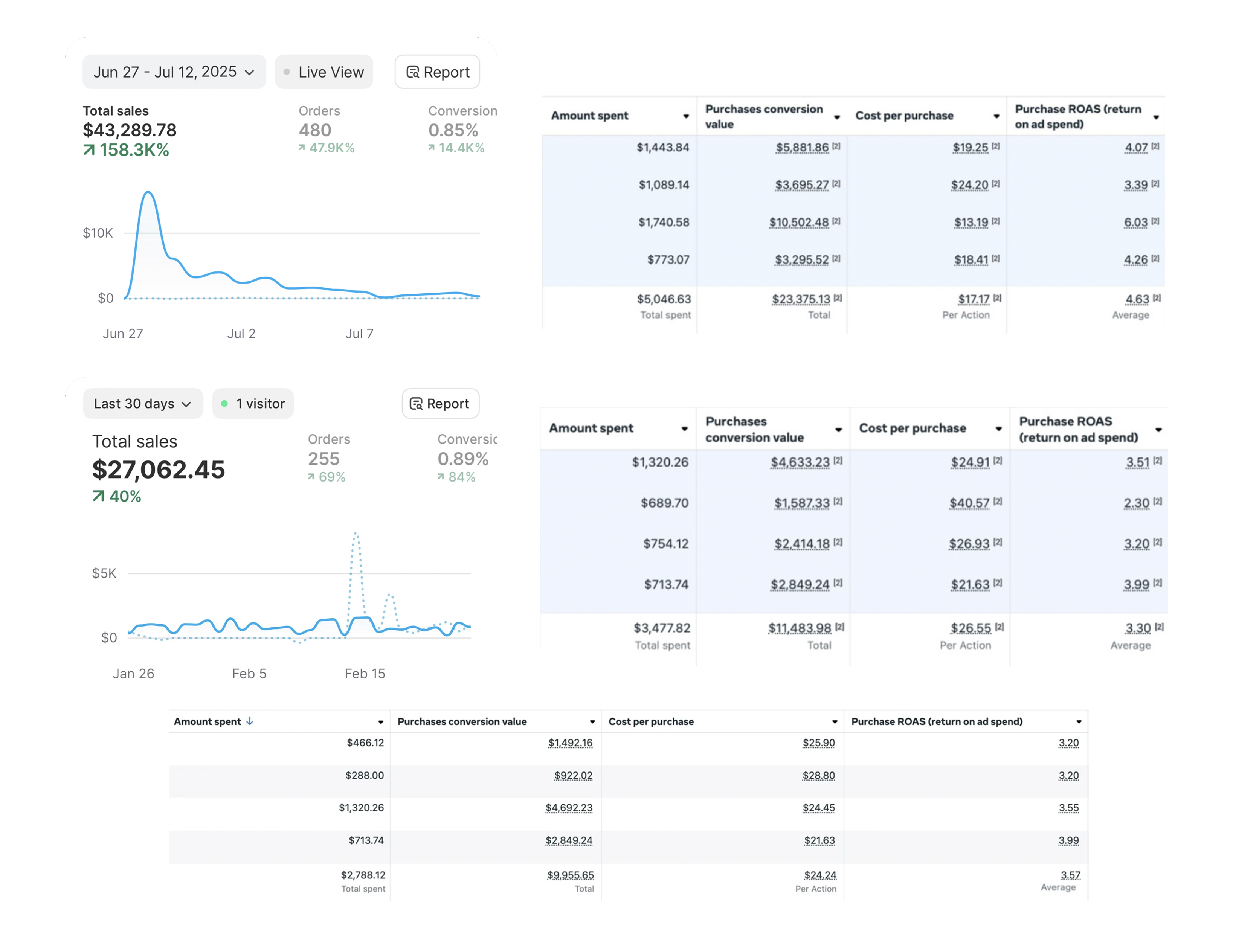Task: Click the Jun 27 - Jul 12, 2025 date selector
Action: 173,72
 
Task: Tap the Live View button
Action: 324,72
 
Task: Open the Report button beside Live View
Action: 438,72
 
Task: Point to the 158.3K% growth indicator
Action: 127,150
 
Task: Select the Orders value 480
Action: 315,130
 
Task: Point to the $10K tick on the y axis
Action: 98,233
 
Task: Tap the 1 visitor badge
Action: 253,404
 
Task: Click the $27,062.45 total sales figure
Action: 158,470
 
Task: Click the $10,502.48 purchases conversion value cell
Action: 799,223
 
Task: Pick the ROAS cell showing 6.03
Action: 1135,223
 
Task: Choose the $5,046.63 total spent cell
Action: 664,299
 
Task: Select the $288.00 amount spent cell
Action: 365,775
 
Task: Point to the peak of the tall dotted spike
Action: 356,534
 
